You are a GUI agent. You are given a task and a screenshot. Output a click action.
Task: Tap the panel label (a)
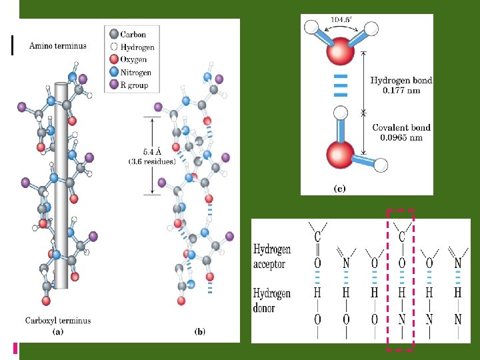pos(58,331)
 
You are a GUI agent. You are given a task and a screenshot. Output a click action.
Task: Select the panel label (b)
pos(199,331)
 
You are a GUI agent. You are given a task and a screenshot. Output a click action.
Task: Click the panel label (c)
pos(339,189)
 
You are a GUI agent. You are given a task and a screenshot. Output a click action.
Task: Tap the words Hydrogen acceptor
pos(273,257)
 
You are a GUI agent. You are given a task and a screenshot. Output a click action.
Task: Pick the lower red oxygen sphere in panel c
pos(339,154)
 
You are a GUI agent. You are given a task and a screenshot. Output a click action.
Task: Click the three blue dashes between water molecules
pos(341,85)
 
